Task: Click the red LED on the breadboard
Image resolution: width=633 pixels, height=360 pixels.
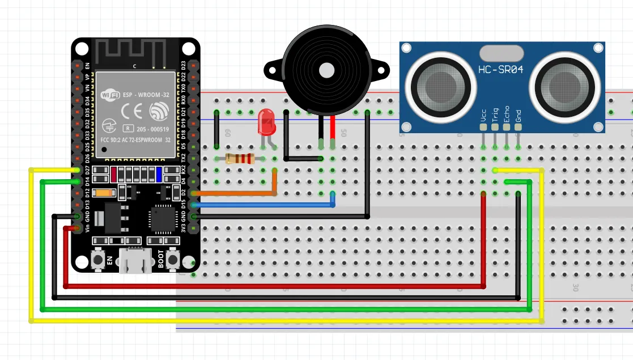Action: click(264, 122)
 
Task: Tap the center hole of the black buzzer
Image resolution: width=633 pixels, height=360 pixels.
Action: click(326, 70)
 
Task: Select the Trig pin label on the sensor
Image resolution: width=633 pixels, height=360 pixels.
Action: click(495, 116)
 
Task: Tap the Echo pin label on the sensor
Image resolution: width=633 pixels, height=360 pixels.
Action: click(506, 115)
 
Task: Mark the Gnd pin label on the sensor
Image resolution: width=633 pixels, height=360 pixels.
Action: click(518, 116)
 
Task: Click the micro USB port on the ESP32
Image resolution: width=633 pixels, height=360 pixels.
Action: click(135, 262)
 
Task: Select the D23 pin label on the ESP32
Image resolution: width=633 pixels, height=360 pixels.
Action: click(183, 65)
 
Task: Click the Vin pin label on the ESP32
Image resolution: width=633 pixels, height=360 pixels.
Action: click(87, 228)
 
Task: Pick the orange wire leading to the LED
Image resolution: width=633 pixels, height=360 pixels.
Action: click(238, 193)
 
